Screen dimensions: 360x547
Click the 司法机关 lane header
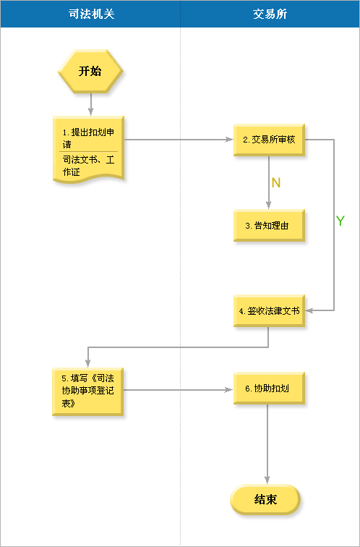click(x=90, y=14)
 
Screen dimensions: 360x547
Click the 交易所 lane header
click(x=270, y=14)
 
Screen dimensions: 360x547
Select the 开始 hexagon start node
click(x=90, y=71)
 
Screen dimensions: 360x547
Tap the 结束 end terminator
click(x=265, y=499)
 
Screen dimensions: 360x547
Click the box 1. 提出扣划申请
click(x=88, y=149)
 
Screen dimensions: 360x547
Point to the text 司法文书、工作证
click(x=88, y=166)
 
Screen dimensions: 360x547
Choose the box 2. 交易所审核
click(x=269, y=140)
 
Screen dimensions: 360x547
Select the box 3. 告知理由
click(x=269, y=226)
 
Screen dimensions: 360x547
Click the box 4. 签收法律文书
click(x=269, y=311)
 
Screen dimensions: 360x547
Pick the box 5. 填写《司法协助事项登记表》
click(x=87, y=391)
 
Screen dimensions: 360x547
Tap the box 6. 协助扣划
click(x=269, y=389)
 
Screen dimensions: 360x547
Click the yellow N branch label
click(x=276, y=183)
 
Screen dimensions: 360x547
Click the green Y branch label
click(x=340, y=221)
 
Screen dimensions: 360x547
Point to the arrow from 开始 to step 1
click(x=90, y=104)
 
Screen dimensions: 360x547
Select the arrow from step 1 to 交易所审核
click(x=179, y=140)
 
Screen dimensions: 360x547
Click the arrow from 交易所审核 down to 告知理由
click(x=269, y=182)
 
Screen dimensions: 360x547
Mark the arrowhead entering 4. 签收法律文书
click(x=309, y=310)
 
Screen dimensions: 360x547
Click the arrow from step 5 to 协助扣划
click(x=179, y=390)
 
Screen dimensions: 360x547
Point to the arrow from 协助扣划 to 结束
click(x=267, y=444)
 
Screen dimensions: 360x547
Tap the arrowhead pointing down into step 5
click(x=87, y=362)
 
